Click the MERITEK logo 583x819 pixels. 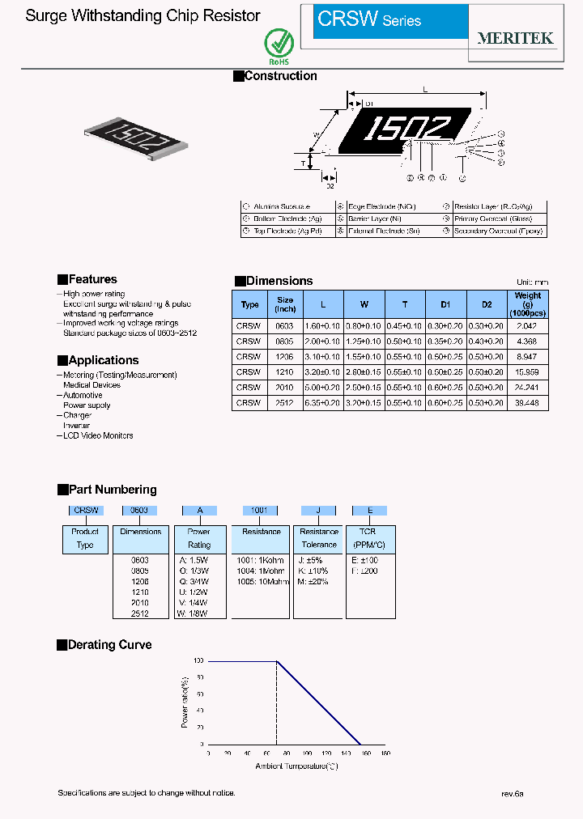coord(516,38)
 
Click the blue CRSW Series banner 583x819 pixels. coord(390,20)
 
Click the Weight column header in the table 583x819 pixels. coord(528,304)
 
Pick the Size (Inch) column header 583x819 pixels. coord(285,304)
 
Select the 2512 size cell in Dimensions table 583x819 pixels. coord(285,402)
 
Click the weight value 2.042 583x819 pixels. coord(527,325)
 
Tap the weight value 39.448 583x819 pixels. coord(527,402)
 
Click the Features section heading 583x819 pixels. coord(92,279)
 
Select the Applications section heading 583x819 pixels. coord(104,360)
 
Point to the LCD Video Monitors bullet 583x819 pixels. coord(98,435)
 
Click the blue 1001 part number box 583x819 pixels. coord(260,510)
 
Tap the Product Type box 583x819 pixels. coord(85,538)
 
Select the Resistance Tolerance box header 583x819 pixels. coord(319,538)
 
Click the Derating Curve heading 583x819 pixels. coord(109,645)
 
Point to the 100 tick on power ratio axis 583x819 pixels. coord(199,661)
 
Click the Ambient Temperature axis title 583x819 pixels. coord(296,766)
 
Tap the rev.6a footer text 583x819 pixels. coord(512,794)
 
